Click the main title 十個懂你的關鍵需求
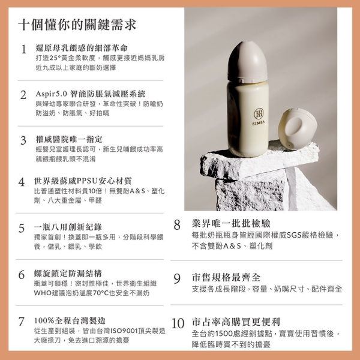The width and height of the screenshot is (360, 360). [76, 25]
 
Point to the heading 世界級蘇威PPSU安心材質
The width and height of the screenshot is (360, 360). [83, 181]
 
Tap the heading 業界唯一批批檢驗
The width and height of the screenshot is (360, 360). [226, 224]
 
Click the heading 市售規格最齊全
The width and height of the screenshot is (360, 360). [226, 278]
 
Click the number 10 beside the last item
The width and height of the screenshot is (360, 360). [178, 323]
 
